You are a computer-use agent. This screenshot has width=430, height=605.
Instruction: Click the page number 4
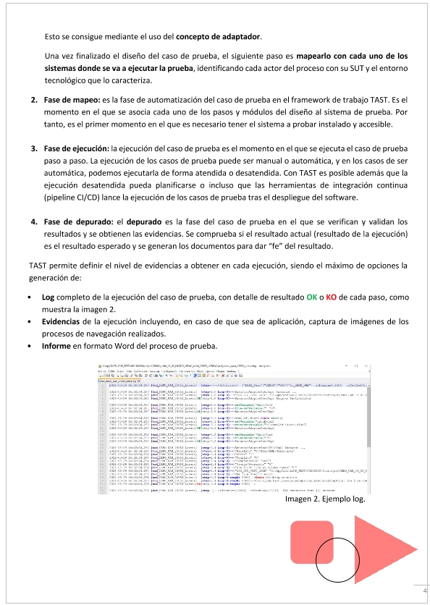click(x=424, y=592)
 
